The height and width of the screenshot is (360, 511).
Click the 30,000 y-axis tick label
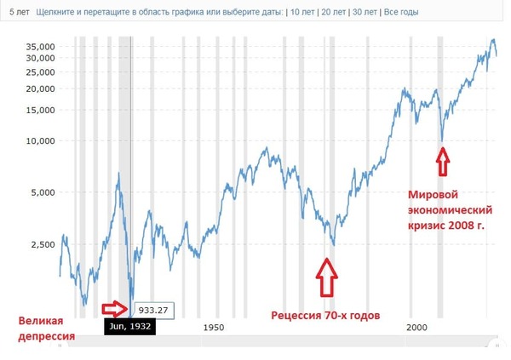pyautogui.click(x=40, y=57)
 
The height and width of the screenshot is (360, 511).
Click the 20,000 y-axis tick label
pyautogui.click(x=40, y=89)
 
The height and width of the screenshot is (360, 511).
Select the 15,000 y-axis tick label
pyautogui.click(x=40, y=110)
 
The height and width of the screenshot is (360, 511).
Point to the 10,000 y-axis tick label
pyautogui.click(x=40, y=141)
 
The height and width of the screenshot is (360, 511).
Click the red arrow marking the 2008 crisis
pyautogui.click(x=441, y=158)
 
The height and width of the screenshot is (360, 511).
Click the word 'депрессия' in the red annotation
pyautogui.click(x=45, y=337)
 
